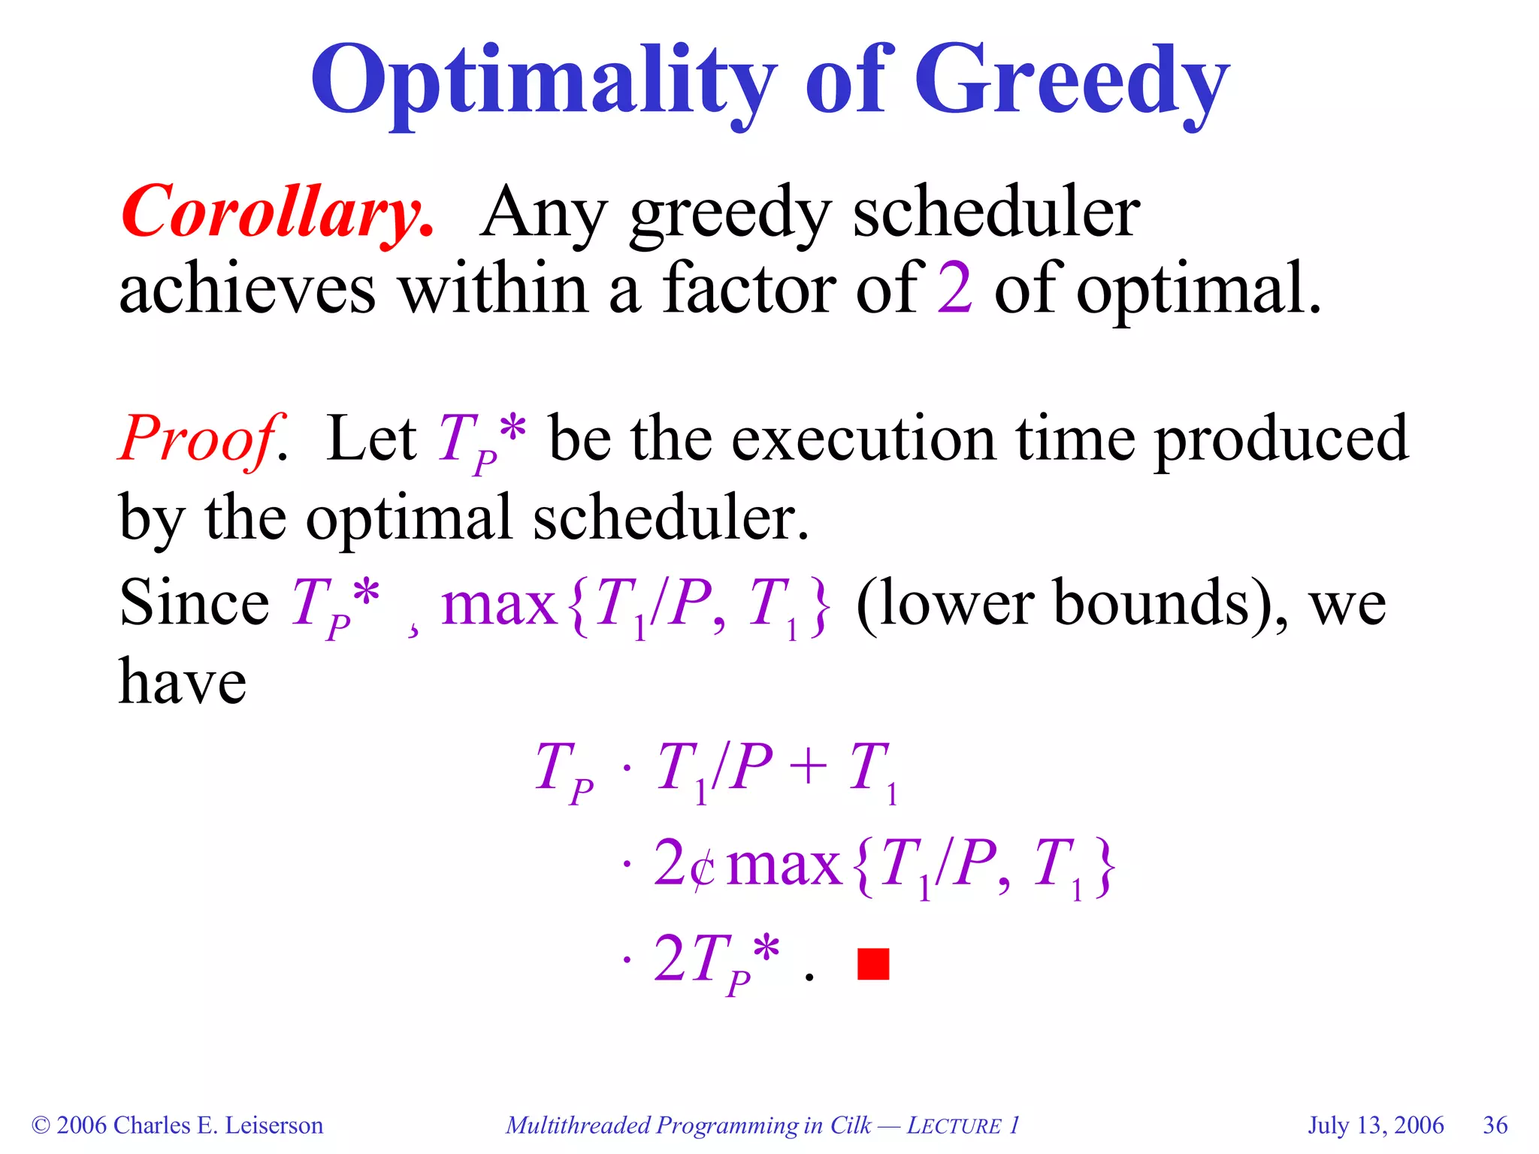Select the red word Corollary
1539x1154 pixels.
tap(277, 213)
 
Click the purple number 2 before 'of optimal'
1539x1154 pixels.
tap(954, 289)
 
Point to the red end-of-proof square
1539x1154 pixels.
tap(873, 964)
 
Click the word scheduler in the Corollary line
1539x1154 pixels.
tap(996, 213)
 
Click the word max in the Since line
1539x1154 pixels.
tap(498, 606)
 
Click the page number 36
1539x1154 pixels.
tap(1495, 1125)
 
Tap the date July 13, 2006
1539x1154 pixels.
tap(1375, 1125)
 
